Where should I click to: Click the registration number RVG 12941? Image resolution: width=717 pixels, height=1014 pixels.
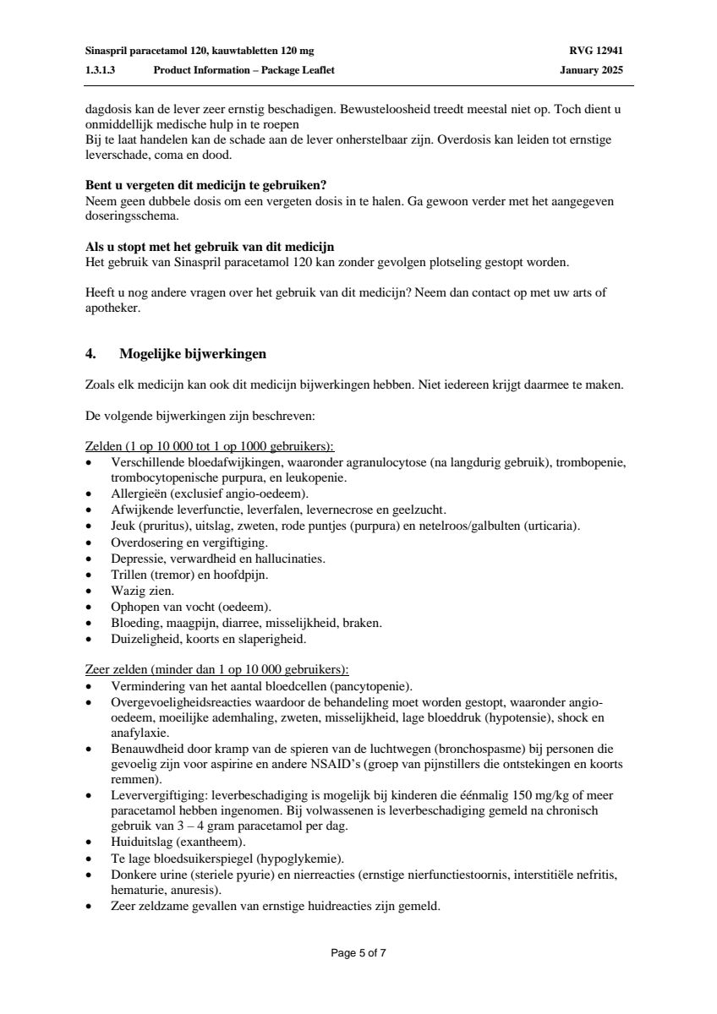coord(596,51)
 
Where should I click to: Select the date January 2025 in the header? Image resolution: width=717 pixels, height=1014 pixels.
coord(591,70)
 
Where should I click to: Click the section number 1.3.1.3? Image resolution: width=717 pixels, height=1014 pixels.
coord(101,70)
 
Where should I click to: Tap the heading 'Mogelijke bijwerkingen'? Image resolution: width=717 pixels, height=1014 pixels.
coord(193,354)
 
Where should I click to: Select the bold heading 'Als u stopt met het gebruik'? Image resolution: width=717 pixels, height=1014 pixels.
coord(210,247)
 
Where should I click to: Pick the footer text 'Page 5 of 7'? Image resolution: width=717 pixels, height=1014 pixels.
coord(358,953)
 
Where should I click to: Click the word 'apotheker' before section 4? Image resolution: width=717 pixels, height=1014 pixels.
coord(112,308)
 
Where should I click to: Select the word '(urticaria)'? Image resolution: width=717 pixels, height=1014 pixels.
coord(551,526)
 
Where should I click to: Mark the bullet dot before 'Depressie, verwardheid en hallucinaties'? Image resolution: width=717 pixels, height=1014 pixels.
coord(90,559)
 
